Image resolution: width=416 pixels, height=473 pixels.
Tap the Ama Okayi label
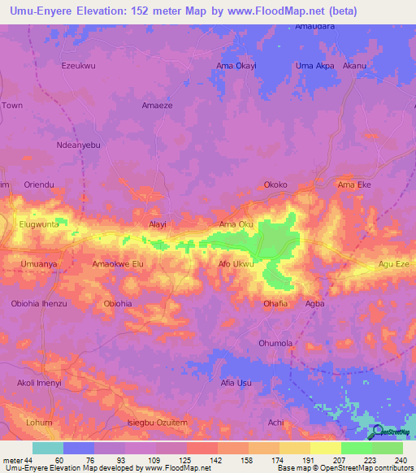[236, 65]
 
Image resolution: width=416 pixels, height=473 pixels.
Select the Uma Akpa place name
[314, 65]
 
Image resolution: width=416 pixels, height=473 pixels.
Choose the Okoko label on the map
[276, 184]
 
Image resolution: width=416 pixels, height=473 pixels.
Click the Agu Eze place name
[393, 264]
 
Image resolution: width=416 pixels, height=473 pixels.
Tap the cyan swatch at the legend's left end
[48, 448]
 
